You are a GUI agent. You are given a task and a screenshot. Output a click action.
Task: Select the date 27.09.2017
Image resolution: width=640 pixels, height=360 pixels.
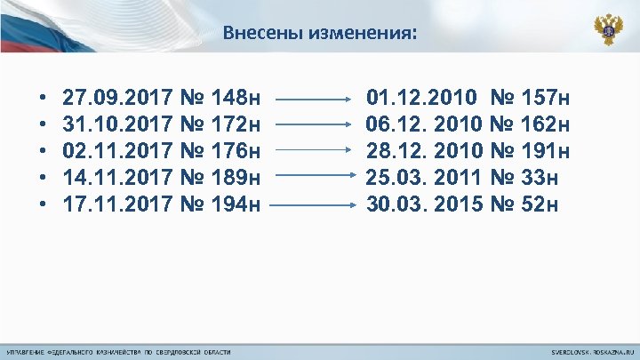pyautogui.click(x=118, y=96)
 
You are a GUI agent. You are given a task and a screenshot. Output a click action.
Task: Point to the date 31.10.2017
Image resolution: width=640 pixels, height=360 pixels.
pyautogui.click(x=118, y=124)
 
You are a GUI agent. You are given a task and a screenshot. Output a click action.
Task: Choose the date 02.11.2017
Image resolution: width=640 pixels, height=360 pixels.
pyautogui.click(x=118, y=151)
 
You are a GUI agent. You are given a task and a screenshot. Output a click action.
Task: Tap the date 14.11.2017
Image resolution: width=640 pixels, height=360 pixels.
pyautogui.click(x=118, y=179)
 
